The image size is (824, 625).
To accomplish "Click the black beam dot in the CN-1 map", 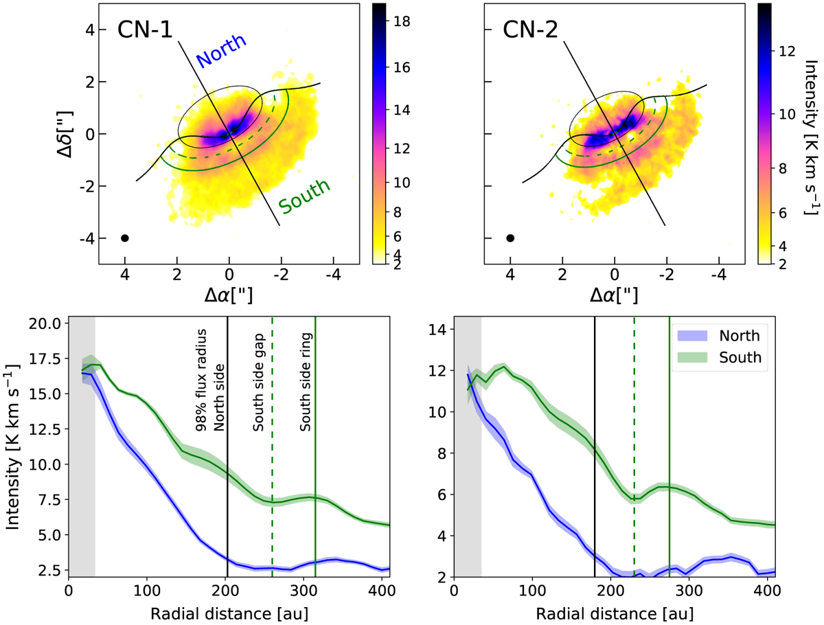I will [125, 238].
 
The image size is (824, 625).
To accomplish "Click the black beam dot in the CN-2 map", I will [510, 238].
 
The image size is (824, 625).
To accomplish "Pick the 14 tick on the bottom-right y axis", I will [440, 330].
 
